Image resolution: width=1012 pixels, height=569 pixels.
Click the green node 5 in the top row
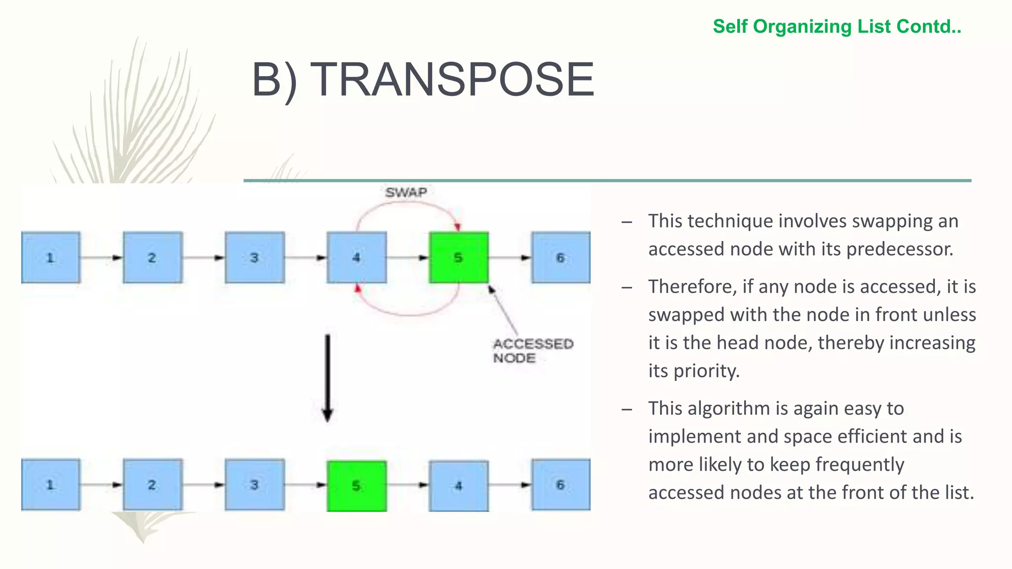click(x=459, y=257)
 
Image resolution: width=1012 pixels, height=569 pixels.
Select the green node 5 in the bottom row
click(x=356, y=486)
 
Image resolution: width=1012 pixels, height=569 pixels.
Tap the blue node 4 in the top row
click(x=356, y=257)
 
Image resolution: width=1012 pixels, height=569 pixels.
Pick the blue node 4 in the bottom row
click(x=459, y=486)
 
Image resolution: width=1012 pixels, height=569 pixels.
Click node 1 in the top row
click(x=50, y=257)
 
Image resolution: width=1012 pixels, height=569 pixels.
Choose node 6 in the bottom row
click(x=560, y=485)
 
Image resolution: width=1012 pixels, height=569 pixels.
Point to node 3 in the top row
click(x=254, y=257)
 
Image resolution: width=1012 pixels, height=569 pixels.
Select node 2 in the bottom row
click(x=152, y=485)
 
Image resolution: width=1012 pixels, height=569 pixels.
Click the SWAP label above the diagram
click(x=406, y=193)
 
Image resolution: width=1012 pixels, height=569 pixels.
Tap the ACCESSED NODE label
click(x=532, y=351)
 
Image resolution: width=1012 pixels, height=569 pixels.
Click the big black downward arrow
click(x=327, y=378)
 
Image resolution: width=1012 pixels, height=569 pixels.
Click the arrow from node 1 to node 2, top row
click(x=101, y=257)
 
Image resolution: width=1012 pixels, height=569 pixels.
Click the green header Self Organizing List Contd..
click(x=837, y=27)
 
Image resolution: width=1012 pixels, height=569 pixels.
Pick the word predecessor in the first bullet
click(x=899, y=249)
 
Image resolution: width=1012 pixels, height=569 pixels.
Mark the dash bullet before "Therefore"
click(x=627, y=287)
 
